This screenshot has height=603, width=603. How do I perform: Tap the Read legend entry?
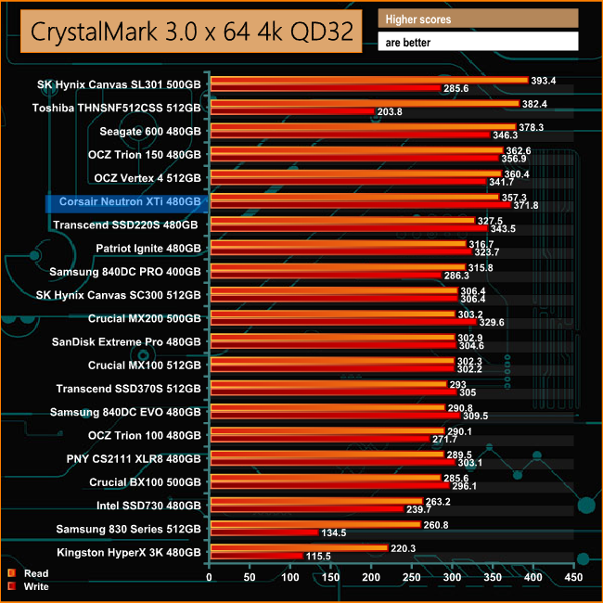(36, 573)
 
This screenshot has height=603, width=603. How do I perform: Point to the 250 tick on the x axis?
(411, 577)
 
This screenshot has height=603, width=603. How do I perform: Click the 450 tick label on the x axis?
(572, 577)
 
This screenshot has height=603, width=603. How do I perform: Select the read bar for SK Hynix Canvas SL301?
(369, 80)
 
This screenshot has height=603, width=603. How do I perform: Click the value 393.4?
(545, 80)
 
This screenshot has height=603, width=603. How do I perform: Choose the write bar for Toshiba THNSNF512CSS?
(292, 111)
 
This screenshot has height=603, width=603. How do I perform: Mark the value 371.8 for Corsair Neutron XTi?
(526, 205)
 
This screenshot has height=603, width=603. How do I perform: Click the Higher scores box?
(478, 19)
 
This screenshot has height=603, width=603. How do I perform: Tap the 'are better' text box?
(478, 42)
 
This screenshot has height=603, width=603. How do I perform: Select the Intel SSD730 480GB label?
(148, 506)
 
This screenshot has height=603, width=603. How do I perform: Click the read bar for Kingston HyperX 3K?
(300, 548)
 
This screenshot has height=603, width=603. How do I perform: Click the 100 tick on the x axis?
(290, 577)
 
